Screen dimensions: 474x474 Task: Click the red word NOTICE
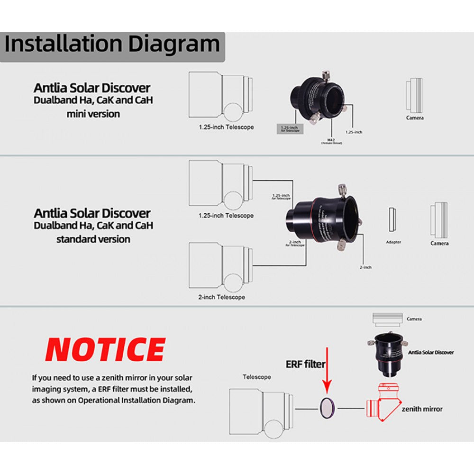[x=105, y=350]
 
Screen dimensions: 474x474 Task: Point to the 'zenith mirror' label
[x=422, y=409]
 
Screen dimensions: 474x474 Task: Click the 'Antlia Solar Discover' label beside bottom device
[x=430, y=352]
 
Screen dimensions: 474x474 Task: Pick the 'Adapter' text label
[x=393, y=242]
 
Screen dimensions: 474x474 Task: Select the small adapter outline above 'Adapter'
[x=392, y=220]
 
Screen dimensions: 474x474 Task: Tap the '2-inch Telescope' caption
[x=221, y=297]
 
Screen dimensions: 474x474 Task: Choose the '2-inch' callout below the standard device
[x=365, y=267]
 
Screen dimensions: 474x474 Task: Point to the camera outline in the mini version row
[x=414, y=95]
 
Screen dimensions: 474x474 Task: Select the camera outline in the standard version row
[x=439, y=219]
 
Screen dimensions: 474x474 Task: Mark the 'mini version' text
[x=93, y=114]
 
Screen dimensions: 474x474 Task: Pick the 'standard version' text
[x=93, y=239]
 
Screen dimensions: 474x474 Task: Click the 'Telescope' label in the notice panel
[x=257, y=377]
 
